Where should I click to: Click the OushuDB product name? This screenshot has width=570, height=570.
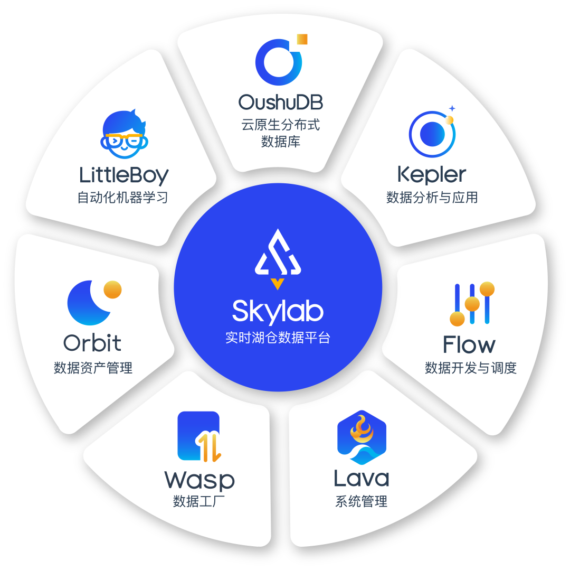(x=280, y=101)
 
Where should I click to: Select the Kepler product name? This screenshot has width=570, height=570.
(x=432, y=174)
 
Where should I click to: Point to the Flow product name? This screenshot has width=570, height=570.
(x=469, y=345)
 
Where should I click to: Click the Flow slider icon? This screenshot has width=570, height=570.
(x=472, y=304)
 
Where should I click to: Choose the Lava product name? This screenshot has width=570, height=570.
(x=362, y=478)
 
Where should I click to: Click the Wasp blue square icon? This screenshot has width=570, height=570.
(x=199, y=436)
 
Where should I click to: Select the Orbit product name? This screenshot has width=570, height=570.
(x=92, y=343)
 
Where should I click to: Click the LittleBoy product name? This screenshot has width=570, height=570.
(x=124, y=175)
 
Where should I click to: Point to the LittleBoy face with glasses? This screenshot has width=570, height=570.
(x=124, y=135)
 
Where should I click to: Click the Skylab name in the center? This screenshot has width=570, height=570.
(x=278, y=311)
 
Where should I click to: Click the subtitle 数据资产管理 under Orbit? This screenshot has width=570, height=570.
(x=93, y=368)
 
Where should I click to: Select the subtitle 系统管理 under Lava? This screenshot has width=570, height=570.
(x=362, y=501)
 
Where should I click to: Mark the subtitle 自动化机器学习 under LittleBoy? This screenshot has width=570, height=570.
(x=123, y=198)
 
